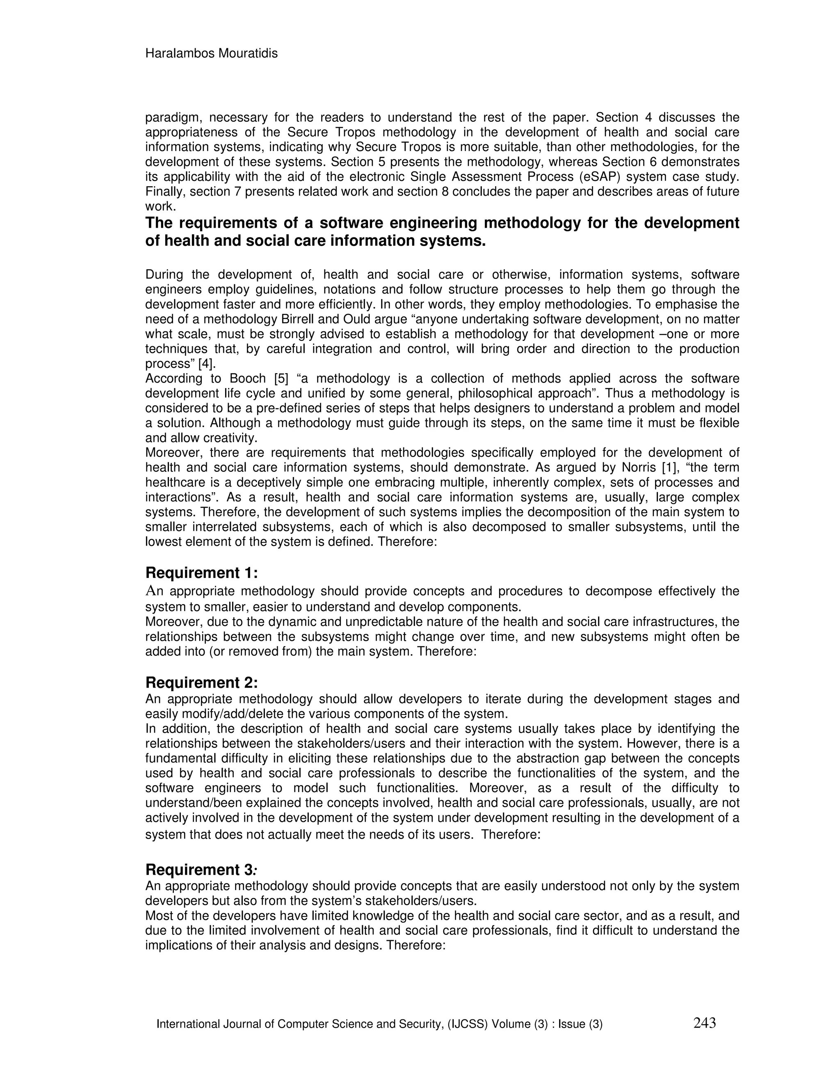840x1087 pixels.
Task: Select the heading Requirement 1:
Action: (x=201, y=573)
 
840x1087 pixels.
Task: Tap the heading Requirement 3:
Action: (x=201, y=870)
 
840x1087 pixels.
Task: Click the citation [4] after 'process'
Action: (x=207, y=364)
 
